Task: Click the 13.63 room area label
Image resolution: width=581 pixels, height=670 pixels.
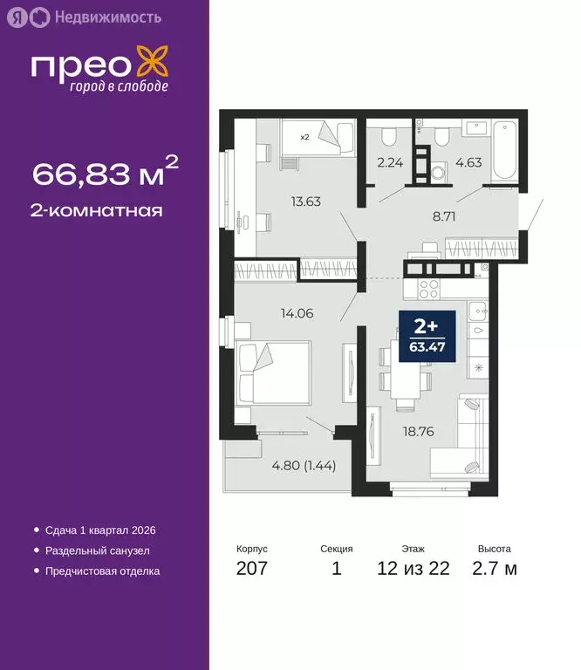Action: (305, 202)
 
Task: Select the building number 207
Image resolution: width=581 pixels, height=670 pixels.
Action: (252, 569)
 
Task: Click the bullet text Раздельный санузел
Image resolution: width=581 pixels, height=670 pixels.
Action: (97, 550)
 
